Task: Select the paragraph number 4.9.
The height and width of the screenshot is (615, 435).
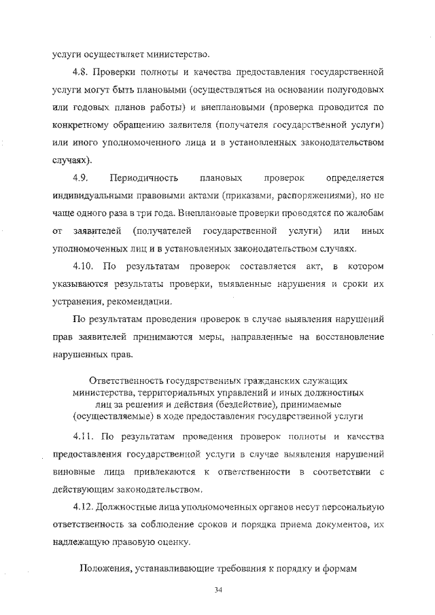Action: point(82,179)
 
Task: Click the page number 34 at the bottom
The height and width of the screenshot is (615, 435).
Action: point(217,589)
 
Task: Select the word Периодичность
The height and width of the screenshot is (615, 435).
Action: point(144,179)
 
